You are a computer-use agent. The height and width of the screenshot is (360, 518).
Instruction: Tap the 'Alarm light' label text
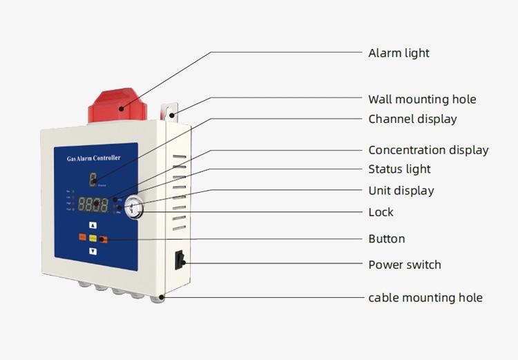(x=399, y=53)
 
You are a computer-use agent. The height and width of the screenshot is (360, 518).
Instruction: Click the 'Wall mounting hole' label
(x=422, y=100)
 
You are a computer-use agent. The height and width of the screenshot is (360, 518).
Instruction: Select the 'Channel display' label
(x=412, y=119)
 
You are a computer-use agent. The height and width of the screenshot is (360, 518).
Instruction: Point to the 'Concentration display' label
(x=428, y=150)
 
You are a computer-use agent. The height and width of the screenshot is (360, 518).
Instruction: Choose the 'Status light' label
(x=399, y=169)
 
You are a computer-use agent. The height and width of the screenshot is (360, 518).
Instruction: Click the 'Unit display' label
(x=401, y=191)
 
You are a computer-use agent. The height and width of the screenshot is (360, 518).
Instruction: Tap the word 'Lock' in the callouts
(x=381, y=212)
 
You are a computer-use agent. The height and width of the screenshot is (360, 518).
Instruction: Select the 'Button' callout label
(x=386, y=239)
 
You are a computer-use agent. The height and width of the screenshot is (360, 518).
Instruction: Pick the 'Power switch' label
(x=404, y=265)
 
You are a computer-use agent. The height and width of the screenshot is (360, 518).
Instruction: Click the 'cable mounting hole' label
(x=425, y=298)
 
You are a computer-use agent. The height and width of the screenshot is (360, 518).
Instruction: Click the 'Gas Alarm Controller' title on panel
(x=93, y=158)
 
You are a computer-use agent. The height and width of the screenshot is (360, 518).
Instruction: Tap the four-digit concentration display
(x=93, y=205)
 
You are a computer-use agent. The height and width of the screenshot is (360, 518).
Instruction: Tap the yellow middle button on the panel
(x=93, y=238)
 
